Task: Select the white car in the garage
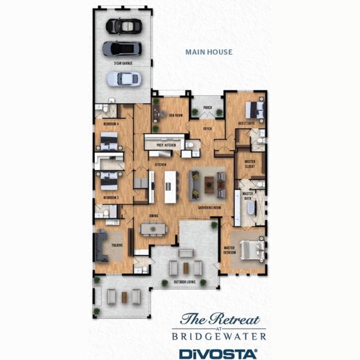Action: pyautogui.click(x=124, y=78)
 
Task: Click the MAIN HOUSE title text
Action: pyautogui.click(x=209, y=52)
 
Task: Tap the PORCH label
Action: pyautogui.click(x=207, y=107)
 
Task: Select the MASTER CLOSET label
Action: pyautogui.click(x=250, y=164)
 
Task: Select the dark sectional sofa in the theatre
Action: pyautogui.click(x=100, y=247)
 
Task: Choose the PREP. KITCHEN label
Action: pyautogui.click(x=165, y=145)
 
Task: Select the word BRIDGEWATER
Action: pyautogui.click(x=218, y=337)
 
